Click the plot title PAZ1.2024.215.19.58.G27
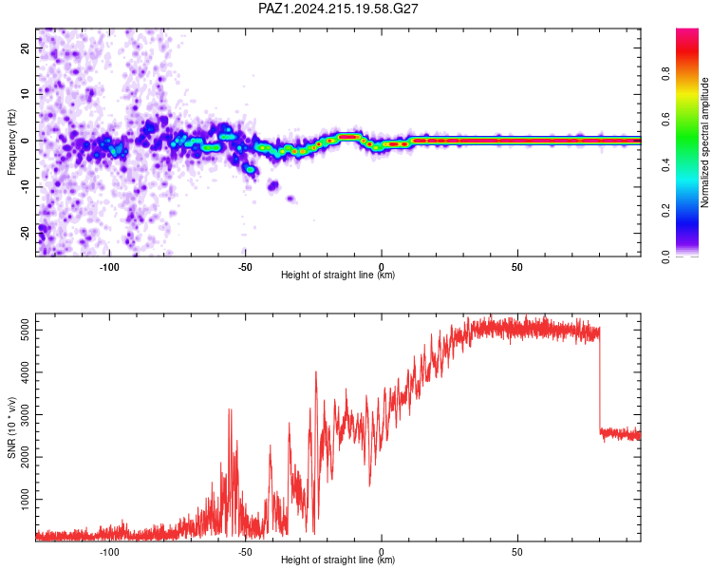pyautogui.click(x=338, y=9)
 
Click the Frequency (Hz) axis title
pyautogui.click(x=11, y=142)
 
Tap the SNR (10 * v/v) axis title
pyautogui.click(x=11, y=427)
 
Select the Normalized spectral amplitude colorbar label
pyautogui.click(x=704, y=142)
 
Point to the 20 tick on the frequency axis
pyautogui.click(x=25, y=47)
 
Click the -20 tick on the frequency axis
pyautogui.click(x=25, y=233)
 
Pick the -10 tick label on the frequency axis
pyautogui.click(x=25, y=187)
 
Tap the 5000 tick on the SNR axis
pyautogui.click(x=25, y=330)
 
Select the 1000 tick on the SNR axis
pyautogui.click(x=25, y=500)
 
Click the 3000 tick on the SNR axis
pyautogui.click(x=25, y=414)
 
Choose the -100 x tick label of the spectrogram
pyautogui.click(x=109, y=267)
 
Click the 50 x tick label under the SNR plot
pyautogui.click(x=517, y=552)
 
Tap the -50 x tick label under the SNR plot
pyautogui.click(x=245, y=552)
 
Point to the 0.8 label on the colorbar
pyautogui.click(x=665, y=74)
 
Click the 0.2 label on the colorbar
pyautogui.click(x=665, y=211)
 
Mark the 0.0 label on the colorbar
pyautogui.click(x=665, y=256)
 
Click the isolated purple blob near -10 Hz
pyautogui.click(x=272, y=185)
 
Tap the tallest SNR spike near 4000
pyautogui.click(x=316, y=371)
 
